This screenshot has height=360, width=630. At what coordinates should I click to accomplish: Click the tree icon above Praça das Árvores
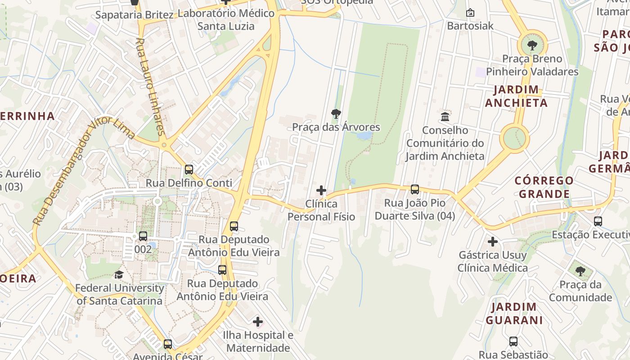[336, 114]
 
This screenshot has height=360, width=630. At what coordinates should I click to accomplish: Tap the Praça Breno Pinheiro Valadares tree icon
[532, 45]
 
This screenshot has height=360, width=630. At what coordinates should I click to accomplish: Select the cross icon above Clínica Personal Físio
[321, 190]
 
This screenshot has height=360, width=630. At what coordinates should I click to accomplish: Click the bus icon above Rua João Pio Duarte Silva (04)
[415, 189]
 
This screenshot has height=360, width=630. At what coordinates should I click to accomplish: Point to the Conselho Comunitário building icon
[445, 117]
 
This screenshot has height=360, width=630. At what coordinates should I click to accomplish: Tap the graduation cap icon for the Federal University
[119, 274]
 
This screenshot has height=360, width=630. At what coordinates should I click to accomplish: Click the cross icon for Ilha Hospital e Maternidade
[258, 322]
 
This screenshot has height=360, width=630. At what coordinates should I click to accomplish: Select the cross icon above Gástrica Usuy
[493, 242]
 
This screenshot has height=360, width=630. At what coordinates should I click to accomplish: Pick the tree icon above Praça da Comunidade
[580, 271]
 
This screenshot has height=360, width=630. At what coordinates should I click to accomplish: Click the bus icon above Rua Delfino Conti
[189, 170]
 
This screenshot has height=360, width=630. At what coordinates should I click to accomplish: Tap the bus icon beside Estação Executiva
[598, 221]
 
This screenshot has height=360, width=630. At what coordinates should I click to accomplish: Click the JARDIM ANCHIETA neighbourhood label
[516, 96]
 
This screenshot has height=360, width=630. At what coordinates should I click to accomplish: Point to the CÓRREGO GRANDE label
[544, 187]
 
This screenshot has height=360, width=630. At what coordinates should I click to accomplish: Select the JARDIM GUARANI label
[514, 314]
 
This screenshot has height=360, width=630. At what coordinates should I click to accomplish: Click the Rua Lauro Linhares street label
[149, 85]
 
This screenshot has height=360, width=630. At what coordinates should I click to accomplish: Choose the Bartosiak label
[470, 26]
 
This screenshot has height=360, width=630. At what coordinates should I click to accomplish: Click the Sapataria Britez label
[135, 15]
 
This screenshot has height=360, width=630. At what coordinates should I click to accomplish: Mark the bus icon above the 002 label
[143, 236]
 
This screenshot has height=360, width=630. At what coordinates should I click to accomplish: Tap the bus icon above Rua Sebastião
[513, 342]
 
